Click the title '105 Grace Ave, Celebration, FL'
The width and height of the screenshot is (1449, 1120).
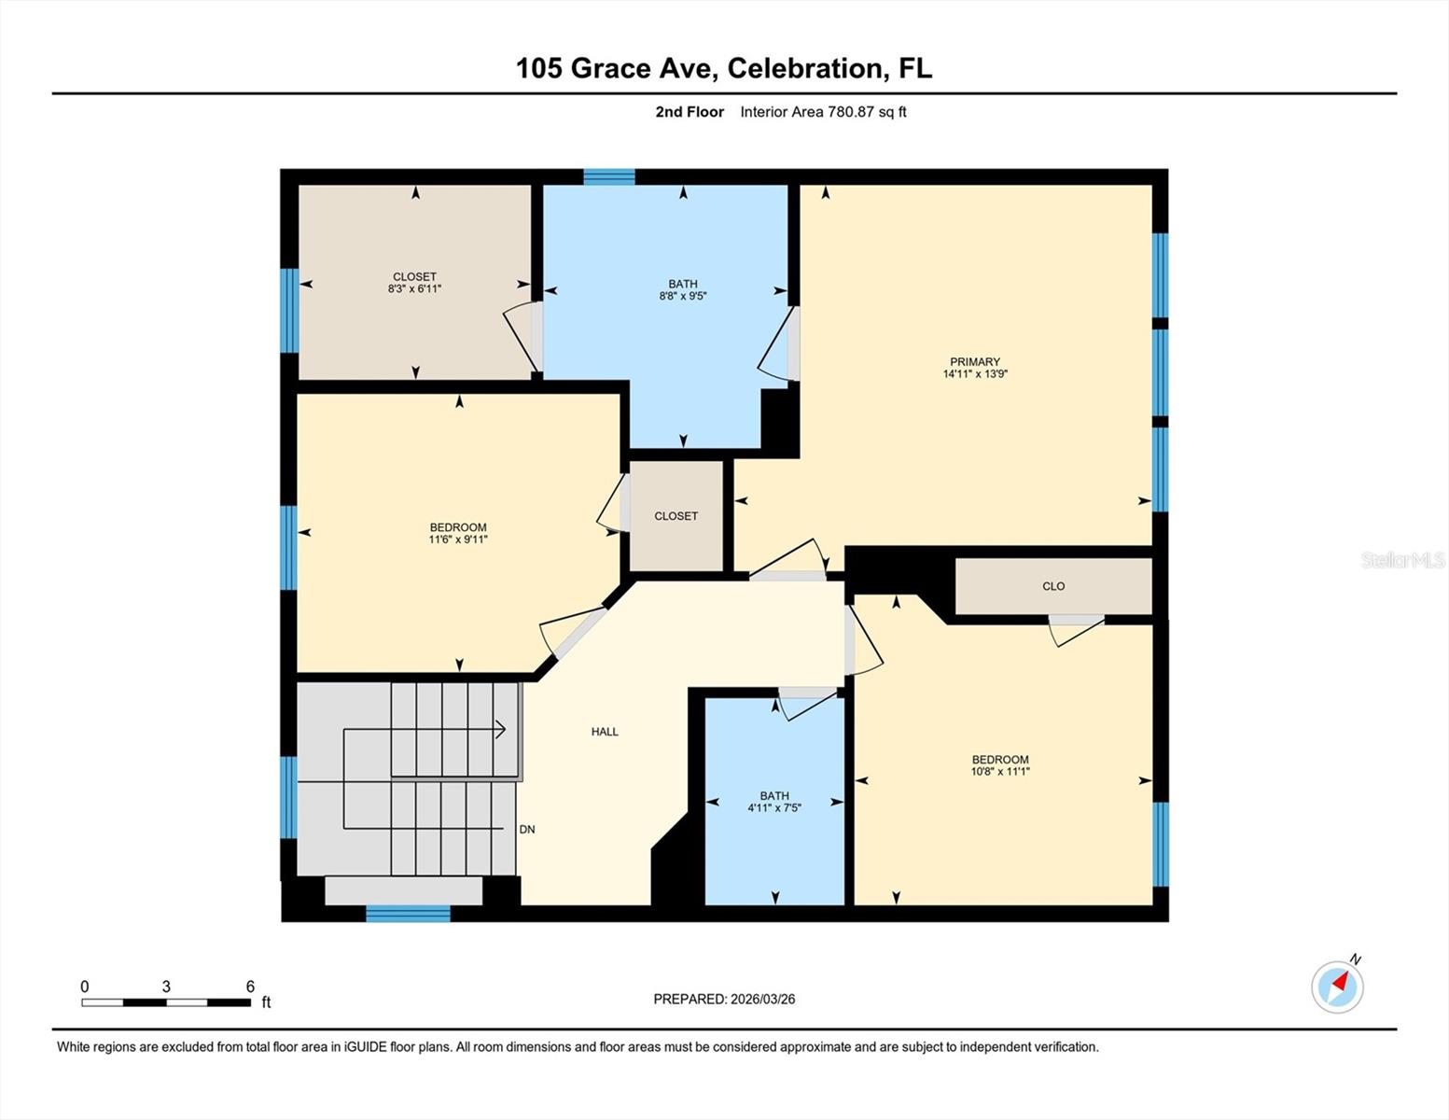tap(724, 68)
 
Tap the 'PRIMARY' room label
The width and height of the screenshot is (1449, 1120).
tap(975, 362)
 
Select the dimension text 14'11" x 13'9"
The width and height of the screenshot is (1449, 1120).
tap(975, 374)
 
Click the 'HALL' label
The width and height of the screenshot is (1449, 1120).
tap(605, 732)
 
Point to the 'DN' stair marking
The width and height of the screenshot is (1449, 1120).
tap(527, 829)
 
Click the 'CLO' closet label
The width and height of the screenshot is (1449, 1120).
tap(1053, 586)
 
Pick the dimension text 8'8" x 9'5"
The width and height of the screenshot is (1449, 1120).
tap(683, 297)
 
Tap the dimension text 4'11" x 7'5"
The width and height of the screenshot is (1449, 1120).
tap(774, 808)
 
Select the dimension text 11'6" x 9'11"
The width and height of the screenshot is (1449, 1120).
tap(458, 539)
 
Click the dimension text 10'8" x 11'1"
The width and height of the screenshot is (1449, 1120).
tap(1000, 772)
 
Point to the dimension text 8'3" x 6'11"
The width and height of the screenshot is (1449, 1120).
tap(414, 289)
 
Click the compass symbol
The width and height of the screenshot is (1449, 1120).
tap(1337, 987)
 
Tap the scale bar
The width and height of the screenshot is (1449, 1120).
tap(166, 1002)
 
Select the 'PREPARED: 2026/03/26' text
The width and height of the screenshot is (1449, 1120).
tap(724, 999)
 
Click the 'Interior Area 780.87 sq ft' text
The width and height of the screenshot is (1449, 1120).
tap(823, 112)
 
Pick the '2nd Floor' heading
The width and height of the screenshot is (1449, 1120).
tap(690, 112)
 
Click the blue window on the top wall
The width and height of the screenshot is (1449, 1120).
tap(609, 177)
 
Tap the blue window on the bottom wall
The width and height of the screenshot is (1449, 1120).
tap(408, 914)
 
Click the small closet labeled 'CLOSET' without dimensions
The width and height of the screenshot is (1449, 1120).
tap(676, 516)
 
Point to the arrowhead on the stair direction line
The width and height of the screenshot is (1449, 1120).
tap(502, 730)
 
